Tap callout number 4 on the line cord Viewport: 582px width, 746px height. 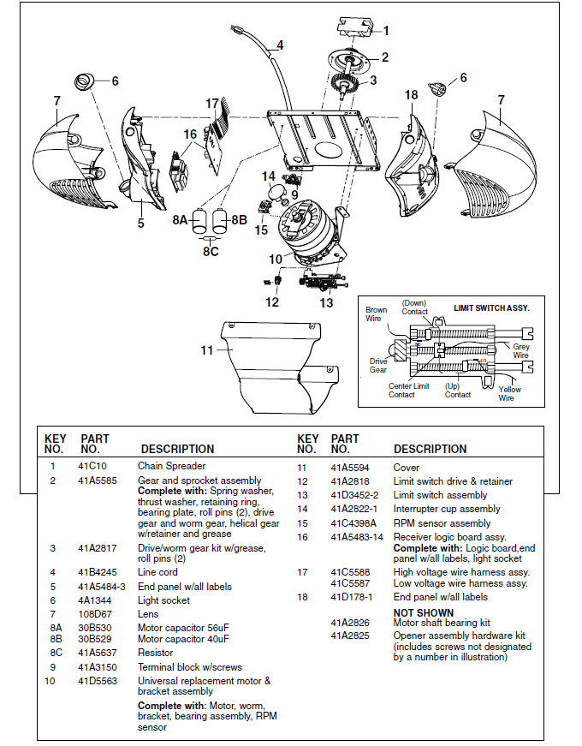click(x=280, y=45)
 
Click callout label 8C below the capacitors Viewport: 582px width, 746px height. click(x=211, y=252)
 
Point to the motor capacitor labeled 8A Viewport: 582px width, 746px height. click(x=199, y=220)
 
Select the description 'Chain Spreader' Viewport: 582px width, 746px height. click(x=171, y=466)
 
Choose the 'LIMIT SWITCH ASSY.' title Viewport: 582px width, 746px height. click(x=491, y=307)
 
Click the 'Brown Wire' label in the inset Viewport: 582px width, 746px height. click(x=376, y=314)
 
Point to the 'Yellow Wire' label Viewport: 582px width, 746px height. click(x=510, y=394)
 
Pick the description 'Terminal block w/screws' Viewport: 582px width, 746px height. click(x=189, y=667)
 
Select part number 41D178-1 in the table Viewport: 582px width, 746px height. click(x=352, y=597)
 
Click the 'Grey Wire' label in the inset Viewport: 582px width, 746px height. click(x=520, y=351)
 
